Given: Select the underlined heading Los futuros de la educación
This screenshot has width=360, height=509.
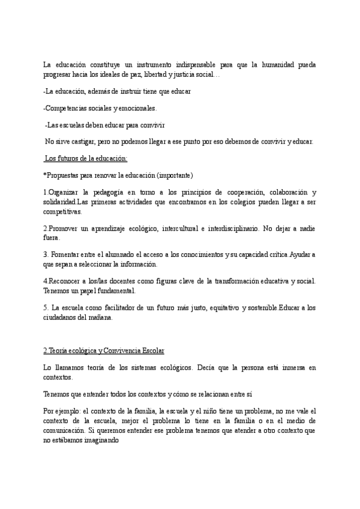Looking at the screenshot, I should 85,158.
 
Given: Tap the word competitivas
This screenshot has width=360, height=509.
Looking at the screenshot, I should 63,211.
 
